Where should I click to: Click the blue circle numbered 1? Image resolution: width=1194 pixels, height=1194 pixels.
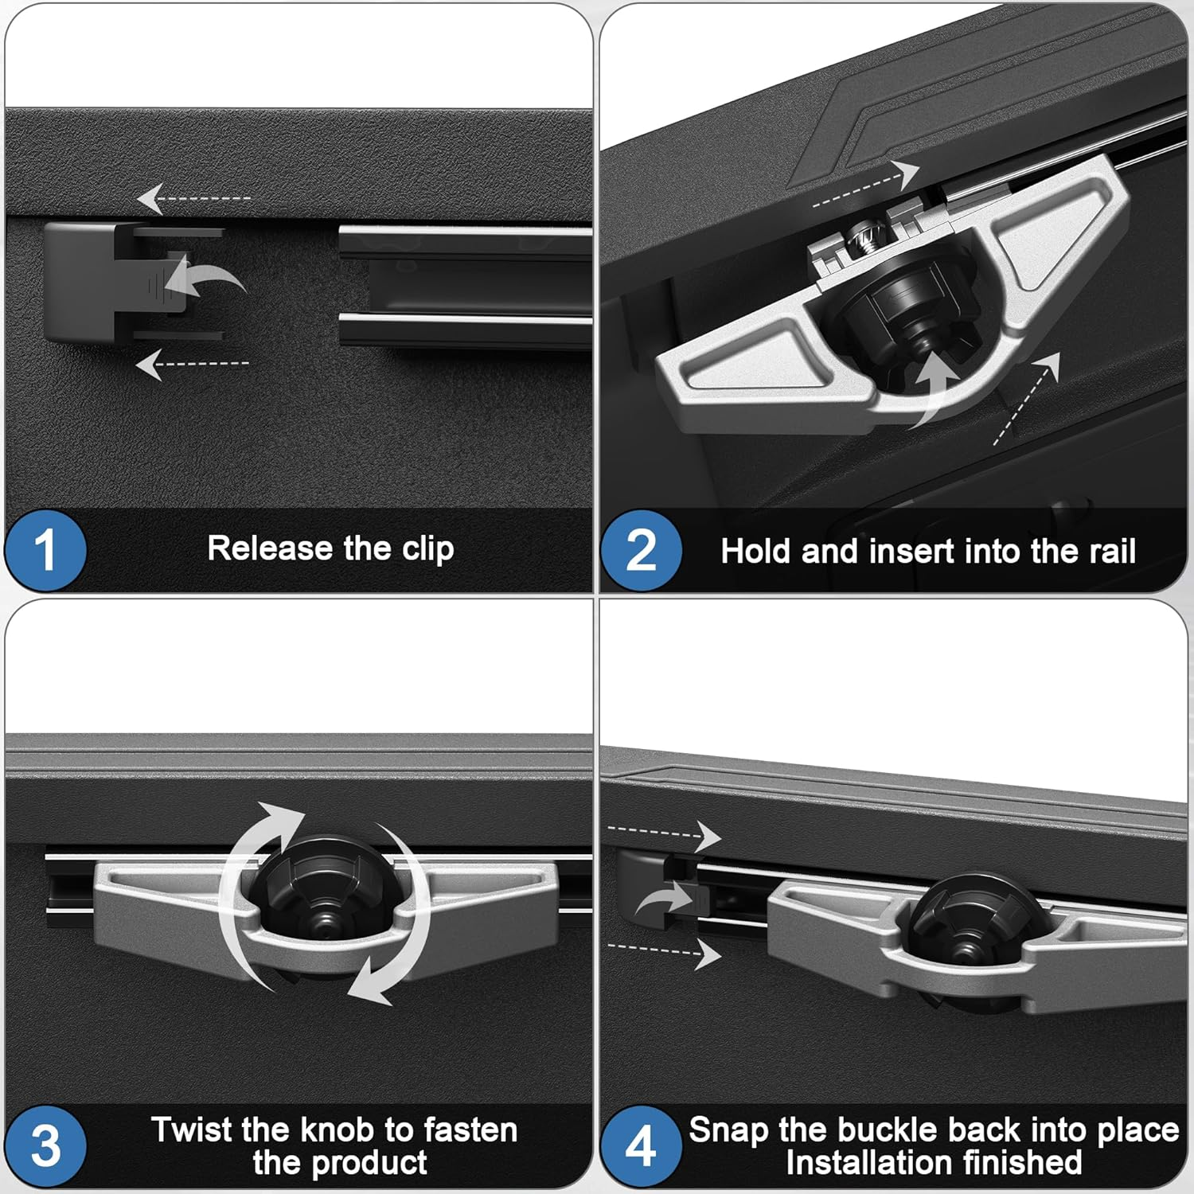(45, 550)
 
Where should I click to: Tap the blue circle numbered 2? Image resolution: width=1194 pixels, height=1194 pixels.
(641, 551)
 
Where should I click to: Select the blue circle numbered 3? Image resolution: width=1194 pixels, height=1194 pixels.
(45, 1145)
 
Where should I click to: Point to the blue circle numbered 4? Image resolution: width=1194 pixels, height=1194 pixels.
(641, 1146)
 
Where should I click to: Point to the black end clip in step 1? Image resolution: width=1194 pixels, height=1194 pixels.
(80, 283)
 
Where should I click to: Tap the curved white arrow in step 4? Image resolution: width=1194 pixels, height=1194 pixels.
(665, 903)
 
